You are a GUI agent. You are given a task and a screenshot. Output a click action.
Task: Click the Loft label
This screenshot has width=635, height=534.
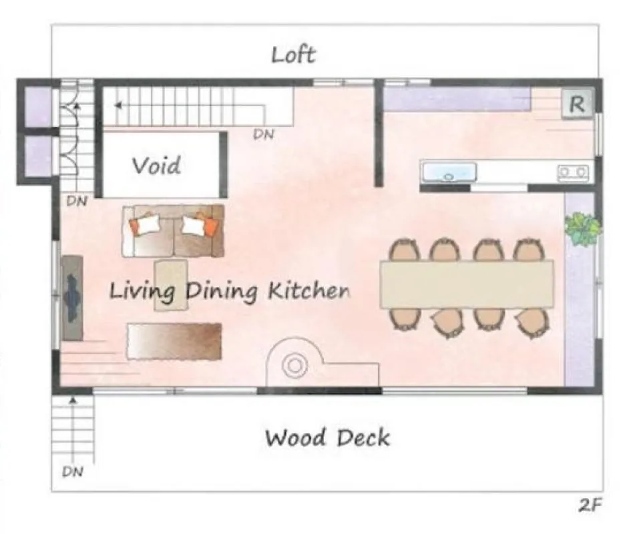(x=293, y=55)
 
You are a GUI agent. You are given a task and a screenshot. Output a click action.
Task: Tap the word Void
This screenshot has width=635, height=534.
(x=156, y=165)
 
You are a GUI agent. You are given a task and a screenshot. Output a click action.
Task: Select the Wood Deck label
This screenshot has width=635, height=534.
(x=327, y=438)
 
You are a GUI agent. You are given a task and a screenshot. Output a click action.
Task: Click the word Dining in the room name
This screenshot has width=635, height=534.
(x=222, y=292)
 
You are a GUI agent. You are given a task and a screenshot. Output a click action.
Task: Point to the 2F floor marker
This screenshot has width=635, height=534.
(x=590, y=505)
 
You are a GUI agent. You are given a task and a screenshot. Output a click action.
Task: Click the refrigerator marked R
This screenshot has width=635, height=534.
(x=577, y=104)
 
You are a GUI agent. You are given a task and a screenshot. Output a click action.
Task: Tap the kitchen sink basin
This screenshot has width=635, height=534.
(x=449, y=172)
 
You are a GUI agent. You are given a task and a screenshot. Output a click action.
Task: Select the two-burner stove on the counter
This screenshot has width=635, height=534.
(x=573, y=172)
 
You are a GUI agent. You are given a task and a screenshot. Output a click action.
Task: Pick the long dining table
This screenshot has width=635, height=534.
(x=467, y=284)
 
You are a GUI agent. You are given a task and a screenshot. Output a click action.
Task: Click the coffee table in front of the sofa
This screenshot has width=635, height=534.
(x=170, y=285)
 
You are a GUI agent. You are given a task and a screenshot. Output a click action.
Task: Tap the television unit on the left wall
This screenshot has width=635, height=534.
(x=72, y=298)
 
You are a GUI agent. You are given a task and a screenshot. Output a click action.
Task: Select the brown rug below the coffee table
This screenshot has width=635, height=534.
(x=174, y=341)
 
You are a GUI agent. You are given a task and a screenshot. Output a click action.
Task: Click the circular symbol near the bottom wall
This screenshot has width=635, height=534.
(x=294, y=365)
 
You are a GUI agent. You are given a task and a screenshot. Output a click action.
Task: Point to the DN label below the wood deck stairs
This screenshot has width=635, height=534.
(x=73, y=471)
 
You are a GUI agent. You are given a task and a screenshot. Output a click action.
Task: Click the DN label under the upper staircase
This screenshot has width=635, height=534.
(x=264, y=134)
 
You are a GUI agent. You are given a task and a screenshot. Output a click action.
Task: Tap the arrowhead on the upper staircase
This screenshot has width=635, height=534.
(x=118, y=105)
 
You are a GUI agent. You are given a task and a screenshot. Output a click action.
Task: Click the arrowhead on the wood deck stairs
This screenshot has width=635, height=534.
(x=73, y=400)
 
